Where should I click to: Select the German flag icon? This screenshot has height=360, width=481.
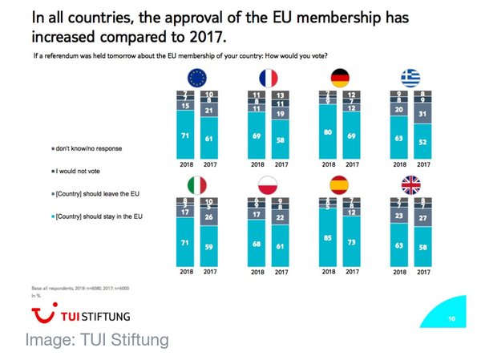[x=340, y=77]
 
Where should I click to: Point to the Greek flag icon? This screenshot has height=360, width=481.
[x=411, y=77]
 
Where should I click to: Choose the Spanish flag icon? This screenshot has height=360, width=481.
[x=340, y=187]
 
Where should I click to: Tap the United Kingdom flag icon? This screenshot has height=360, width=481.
[x=411, y=187]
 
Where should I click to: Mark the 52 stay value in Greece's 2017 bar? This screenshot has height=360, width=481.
[x=422, y=141]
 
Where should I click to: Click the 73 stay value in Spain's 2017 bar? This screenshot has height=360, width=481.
[x=350, y=241]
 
